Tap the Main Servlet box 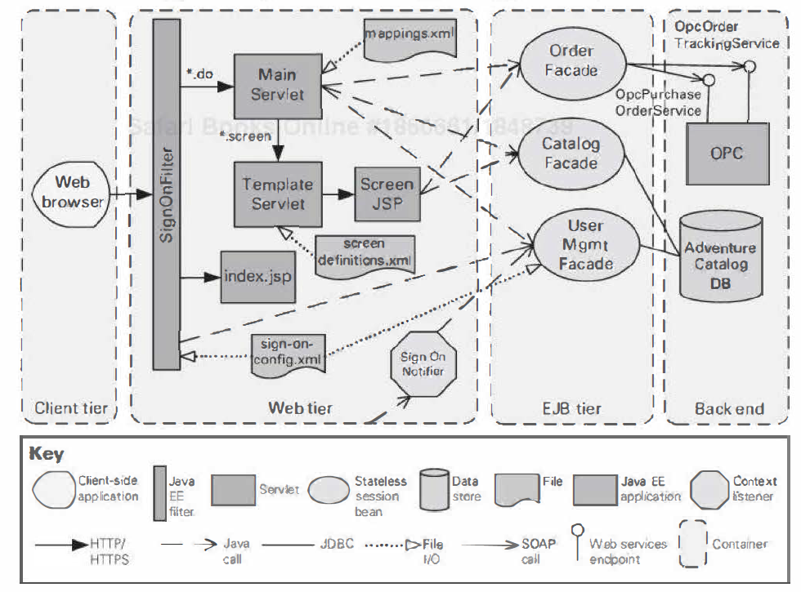click(277, 84)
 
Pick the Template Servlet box click(277, 194)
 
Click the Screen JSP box click(387, 194)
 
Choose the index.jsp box click(257, 276)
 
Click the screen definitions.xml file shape click(365, 254)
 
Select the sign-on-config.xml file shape click(286, 352)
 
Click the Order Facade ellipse click(571, 60)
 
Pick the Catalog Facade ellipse click(571, 153)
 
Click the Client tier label click(71, 408)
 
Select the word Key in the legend click(47, 453)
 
